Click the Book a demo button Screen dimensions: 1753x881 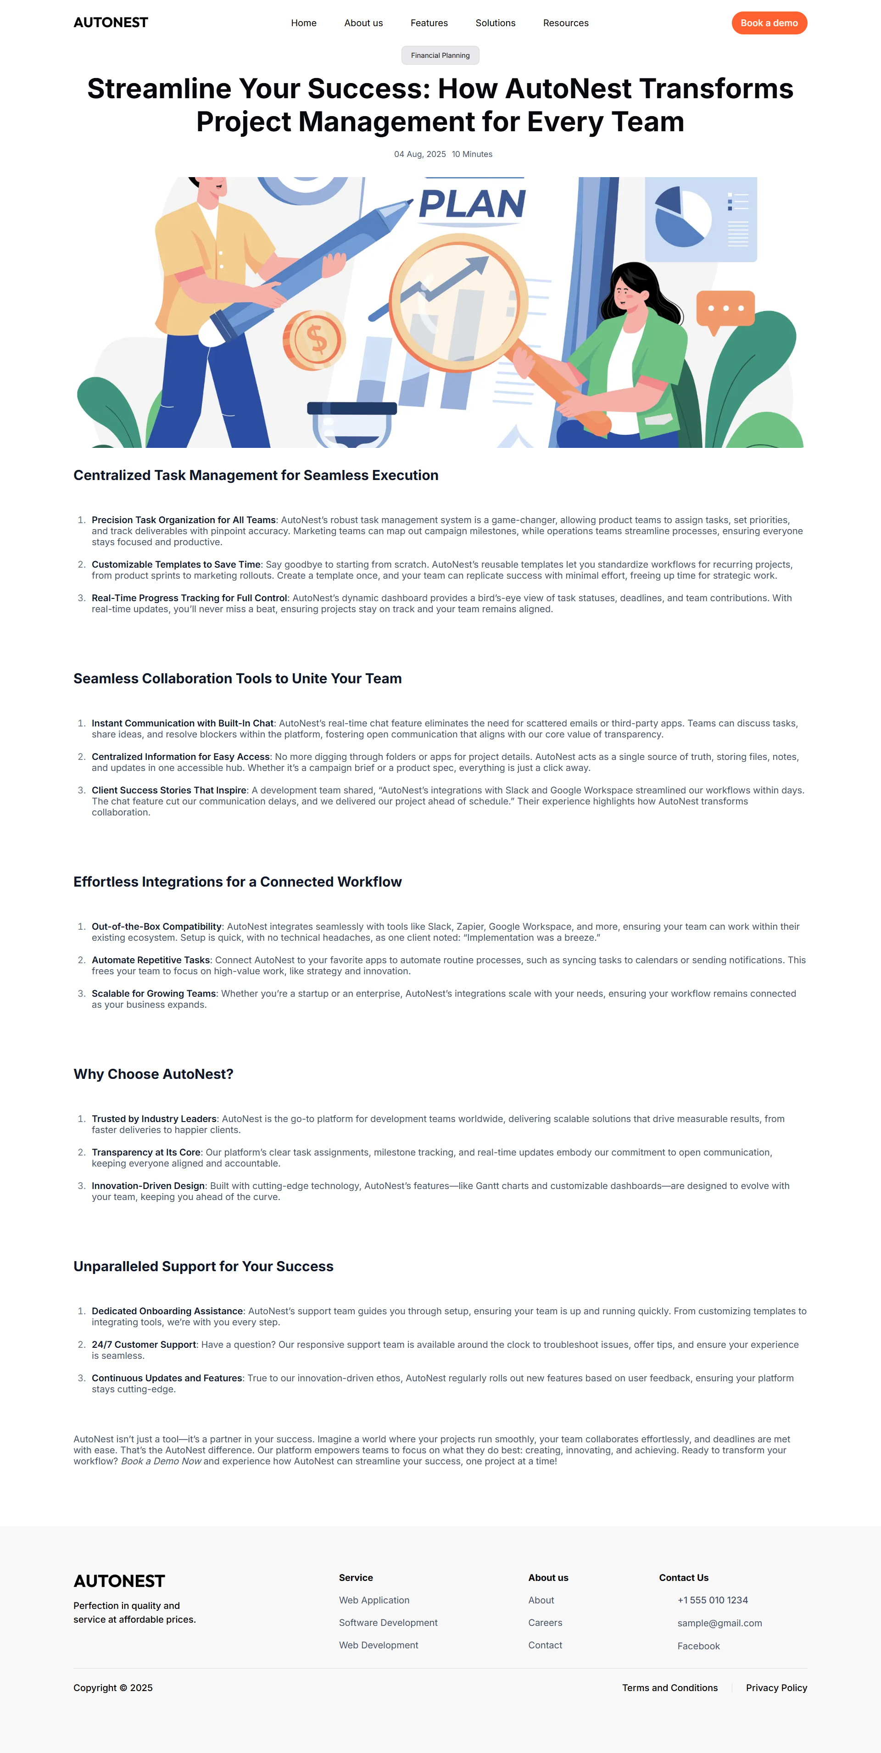click(x=769, y=23)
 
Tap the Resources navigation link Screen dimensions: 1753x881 click(x=565, y=23)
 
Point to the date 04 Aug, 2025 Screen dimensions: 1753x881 click(x=420, y=155)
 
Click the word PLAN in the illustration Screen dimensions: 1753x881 click(x=472, y=203)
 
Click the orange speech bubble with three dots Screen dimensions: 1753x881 click(x=725, y=309)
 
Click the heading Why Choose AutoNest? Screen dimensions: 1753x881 click(x=153, y=1074)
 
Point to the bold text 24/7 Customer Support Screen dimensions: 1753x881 click(x=144, y=1345)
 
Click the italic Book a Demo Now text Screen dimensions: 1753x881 click(x=161, y=1461)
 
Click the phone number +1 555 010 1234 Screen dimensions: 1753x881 click(x=712, y=1600)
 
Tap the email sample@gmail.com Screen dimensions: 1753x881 click(x=719, y=1623)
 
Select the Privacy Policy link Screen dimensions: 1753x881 click(x=776, y=1688)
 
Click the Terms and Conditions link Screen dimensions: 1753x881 click(x=669, y=1688)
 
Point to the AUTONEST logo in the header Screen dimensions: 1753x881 click(x=111, y=23)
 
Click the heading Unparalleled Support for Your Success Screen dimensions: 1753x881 click(x=203, y=1267)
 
